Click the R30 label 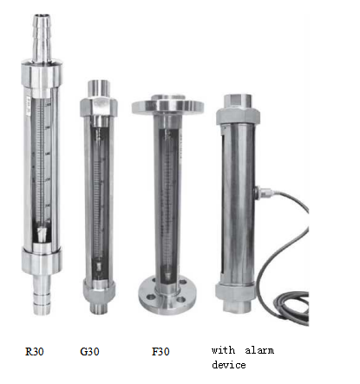click(35, 351)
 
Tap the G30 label click(89, 351)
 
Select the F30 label click(160, 351)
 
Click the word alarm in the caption click(259, 350)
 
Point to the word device click(229, 365)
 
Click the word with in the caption click(223, 350)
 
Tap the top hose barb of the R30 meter click(43, 37)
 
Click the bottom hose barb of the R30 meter click(42, 295)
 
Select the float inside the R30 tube click(42, 234)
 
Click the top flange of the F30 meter click(167, 106)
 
